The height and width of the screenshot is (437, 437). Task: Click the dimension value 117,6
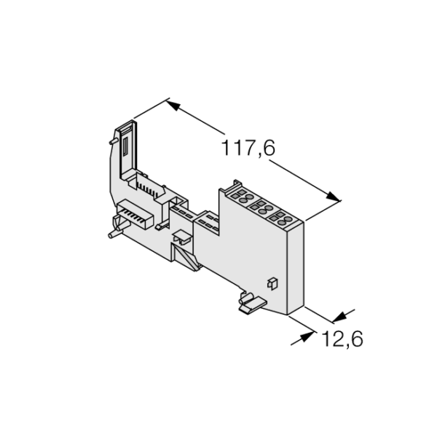point(248,148)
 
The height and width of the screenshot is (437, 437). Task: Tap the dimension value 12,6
point(342,339)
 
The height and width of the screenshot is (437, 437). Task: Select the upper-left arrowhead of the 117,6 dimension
point(173,105)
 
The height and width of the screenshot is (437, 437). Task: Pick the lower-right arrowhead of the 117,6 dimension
point(333,196)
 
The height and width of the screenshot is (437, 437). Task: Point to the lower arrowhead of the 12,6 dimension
point(307,336)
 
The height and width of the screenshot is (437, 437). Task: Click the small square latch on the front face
point(272,284)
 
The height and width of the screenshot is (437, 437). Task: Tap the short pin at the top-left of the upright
point(113,141)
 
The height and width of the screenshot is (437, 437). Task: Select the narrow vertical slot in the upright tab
point(125,147)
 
